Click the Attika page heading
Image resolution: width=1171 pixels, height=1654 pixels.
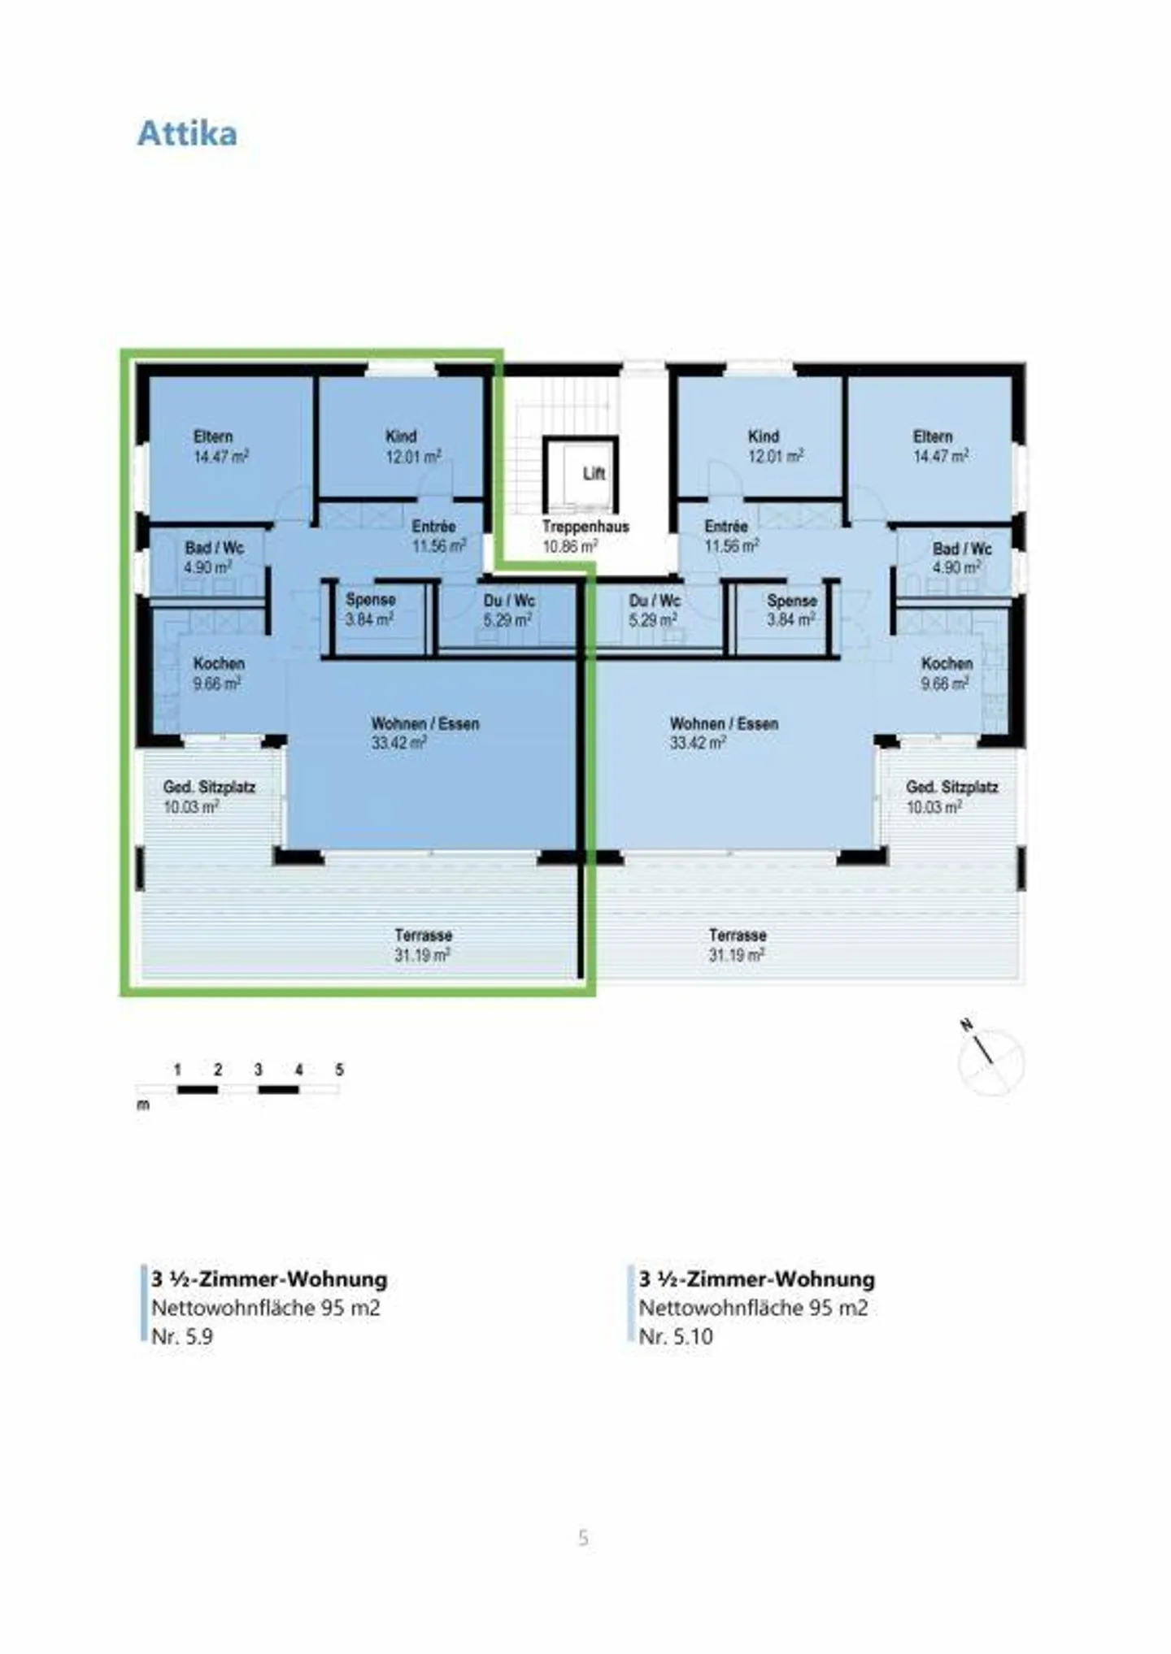[187, 133]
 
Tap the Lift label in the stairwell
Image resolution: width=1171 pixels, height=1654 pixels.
[594, 473]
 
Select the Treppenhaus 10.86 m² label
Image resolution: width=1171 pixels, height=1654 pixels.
[585, 536]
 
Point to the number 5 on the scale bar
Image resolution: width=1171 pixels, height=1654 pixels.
[339, 1070]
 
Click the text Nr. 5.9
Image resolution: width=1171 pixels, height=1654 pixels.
[182, 1336]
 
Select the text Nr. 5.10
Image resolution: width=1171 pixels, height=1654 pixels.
[675, 1336]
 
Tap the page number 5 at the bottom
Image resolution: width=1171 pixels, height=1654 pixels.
[583, 1538]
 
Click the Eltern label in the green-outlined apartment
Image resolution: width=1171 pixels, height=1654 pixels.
[213, 436]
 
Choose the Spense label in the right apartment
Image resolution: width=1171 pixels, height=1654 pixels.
[791, 601]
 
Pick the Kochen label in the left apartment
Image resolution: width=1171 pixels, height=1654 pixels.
[218, 664]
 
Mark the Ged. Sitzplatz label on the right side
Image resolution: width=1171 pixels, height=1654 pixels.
[951, 787]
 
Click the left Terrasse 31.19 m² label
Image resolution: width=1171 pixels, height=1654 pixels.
[423, 944]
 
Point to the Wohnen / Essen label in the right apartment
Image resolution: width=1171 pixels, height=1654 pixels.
[724, 723]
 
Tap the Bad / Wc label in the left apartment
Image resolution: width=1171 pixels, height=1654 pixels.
[214, 548]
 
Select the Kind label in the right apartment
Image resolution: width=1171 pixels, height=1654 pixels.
[764, 436]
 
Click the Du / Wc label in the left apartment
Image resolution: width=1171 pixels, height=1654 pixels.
[509, 601]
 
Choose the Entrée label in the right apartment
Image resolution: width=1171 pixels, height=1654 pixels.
[725, 527]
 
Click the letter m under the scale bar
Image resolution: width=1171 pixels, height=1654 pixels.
[143, 1105]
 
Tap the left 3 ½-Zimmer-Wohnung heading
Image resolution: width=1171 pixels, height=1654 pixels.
[269, 1279]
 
